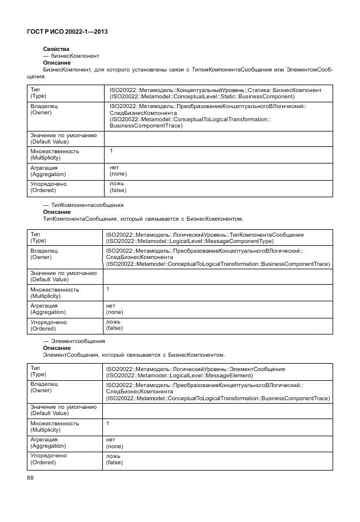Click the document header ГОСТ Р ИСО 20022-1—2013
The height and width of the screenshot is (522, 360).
point(67,32)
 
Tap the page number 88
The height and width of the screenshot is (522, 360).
point(31,478)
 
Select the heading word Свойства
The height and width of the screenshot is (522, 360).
point(56,49)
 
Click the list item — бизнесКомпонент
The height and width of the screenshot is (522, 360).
point(71,56)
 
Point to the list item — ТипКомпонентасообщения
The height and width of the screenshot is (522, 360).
point(83,205)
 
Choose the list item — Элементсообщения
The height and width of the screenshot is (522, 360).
point(74,341)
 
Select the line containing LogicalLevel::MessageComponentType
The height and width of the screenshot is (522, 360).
point(194,241)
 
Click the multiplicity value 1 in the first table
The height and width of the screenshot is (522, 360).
point(111,151)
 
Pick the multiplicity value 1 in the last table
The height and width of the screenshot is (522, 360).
point(108,423)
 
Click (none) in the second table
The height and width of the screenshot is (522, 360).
point(114,312)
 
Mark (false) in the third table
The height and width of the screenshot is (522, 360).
point(114,462)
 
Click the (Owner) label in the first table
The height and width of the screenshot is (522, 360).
point(41,113)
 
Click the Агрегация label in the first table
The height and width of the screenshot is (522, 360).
point(44,168)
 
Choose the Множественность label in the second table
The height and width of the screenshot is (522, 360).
point(54,289)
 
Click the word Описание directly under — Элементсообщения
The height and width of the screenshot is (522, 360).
point(57,348)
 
